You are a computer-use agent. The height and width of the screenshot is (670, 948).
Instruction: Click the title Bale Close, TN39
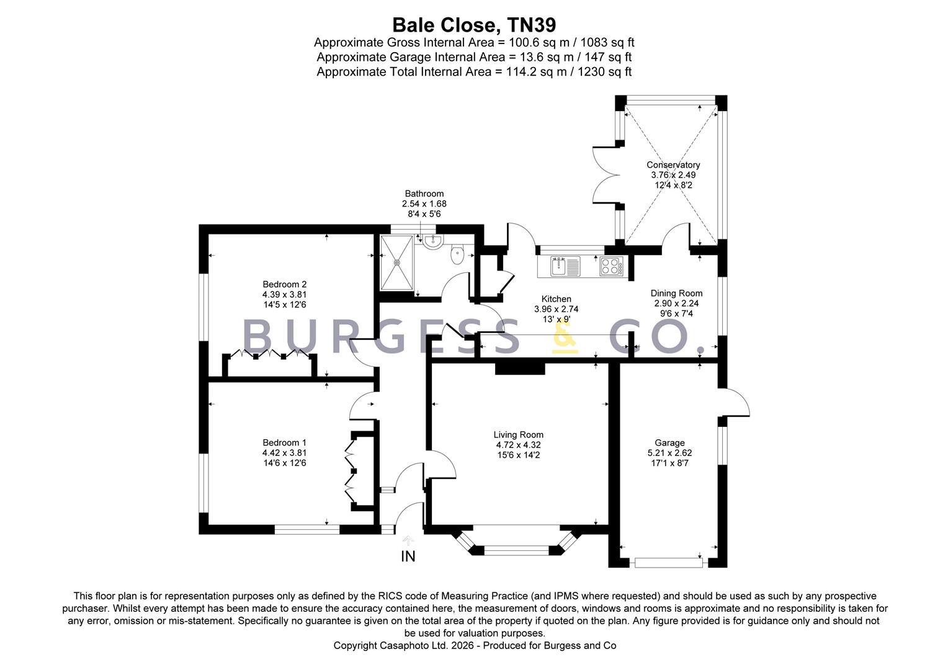pos(474,25)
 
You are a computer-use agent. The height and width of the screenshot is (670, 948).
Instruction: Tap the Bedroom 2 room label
pos(284,284)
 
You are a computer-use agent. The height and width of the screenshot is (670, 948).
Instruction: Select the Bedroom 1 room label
pos(284,443)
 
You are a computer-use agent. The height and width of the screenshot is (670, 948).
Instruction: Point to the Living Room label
pos(519,435)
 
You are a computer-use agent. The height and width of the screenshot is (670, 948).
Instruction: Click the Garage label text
pos(669,443)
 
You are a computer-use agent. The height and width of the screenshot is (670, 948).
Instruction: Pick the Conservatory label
pos(673,165)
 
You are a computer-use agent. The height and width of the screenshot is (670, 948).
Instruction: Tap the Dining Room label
pos(676,293)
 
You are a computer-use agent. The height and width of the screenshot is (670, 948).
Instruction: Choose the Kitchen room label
pos(556,299)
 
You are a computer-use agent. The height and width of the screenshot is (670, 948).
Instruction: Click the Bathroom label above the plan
pos(424,194)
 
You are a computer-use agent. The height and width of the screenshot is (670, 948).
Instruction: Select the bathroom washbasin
pos(432,242)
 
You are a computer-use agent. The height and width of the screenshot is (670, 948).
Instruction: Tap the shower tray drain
pos(397,263)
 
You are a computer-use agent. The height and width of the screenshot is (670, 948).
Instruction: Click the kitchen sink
pos(565,266)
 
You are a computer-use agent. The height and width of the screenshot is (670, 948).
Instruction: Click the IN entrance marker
pos(408,556)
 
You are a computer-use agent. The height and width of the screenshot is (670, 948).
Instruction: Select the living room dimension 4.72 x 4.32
pos(519,445)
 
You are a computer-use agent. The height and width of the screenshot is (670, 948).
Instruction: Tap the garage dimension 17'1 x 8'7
pos(669,463)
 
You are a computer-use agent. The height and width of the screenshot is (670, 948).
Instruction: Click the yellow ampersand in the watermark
pos(565,337)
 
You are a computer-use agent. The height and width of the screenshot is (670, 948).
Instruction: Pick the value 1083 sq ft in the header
pos(607,42)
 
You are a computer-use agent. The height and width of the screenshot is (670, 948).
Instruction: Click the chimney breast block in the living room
pos(520,368)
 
